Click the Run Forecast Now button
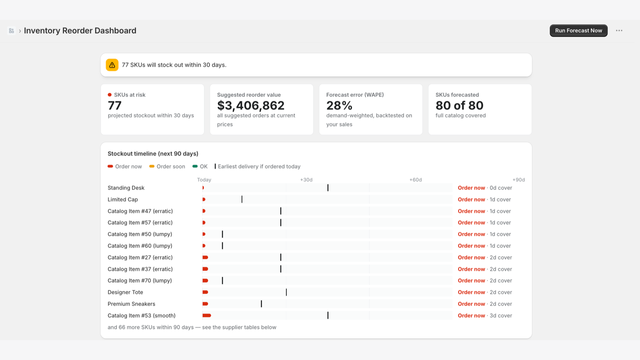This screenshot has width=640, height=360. tap(578, 30)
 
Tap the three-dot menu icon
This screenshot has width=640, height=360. tap(619, 30)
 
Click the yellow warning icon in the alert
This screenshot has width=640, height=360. tap(112, 65)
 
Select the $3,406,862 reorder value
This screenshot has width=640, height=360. tap(250, 106)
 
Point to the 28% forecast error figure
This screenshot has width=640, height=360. tap(339, 106)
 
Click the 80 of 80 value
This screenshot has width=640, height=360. tap(460, 106)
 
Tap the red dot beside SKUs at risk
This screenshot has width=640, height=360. tap(110, 94)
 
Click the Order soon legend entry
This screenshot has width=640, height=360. tap(167, 166)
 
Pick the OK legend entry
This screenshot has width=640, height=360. tap(200, 166)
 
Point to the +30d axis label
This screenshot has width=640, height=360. tap(306, 180)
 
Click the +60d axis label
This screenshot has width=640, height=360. tap(416, 180)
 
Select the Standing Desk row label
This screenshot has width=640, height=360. tap(126, 188)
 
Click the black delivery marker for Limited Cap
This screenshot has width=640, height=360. tap(242, 200)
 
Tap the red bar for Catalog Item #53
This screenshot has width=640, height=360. tap(207, 316)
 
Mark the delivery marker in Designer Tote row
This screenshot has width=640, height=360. tap(286, 292)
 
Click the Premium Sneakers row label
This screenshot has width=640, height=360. tap(132, 304)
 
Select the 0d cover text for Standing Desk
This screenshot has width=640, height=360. tap(501, 188)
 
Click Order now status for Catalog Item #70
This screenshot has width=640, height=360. tap(472, 280)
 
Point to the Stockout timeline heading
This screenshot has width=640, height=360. tap(153, 154)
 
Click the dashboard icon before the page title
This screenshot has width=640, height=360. tap(12, 30)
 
